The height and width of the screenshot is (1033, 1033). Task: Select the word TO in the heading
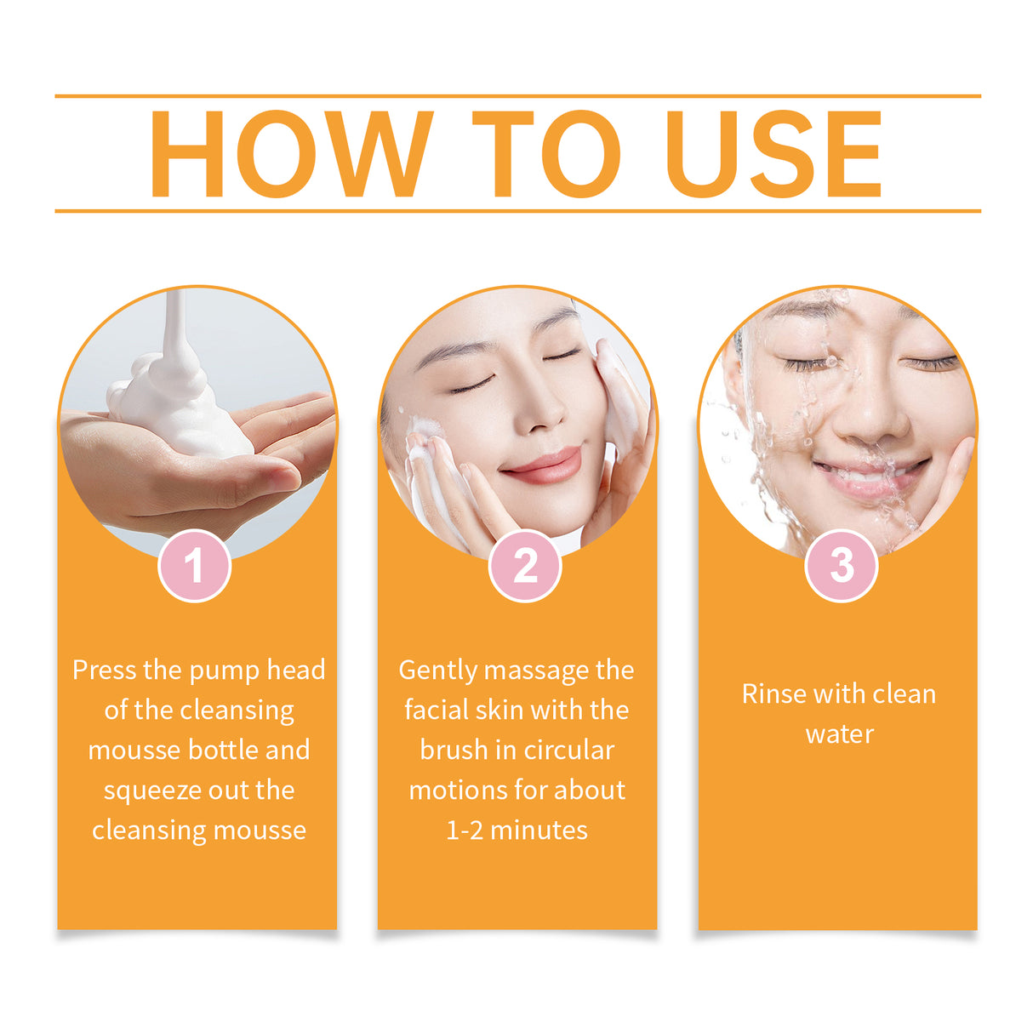point(545,155)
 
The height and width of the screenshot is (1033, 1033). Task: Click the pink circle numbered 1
point(195,566)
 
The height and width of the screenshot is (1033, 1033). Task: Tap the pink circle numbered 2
point(525,566)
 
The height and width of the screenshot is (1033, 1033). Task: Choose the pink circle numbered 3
point(841,565)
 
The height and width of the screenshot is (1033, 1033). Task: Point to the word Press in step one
point(105,671)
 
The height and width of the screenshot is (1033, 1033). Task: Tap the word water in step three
point(839,734)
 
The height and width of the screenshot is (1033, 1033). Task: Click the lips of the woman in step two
point(542,465)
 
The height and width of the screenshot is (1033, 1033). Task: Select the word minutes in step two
point(539,830)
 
